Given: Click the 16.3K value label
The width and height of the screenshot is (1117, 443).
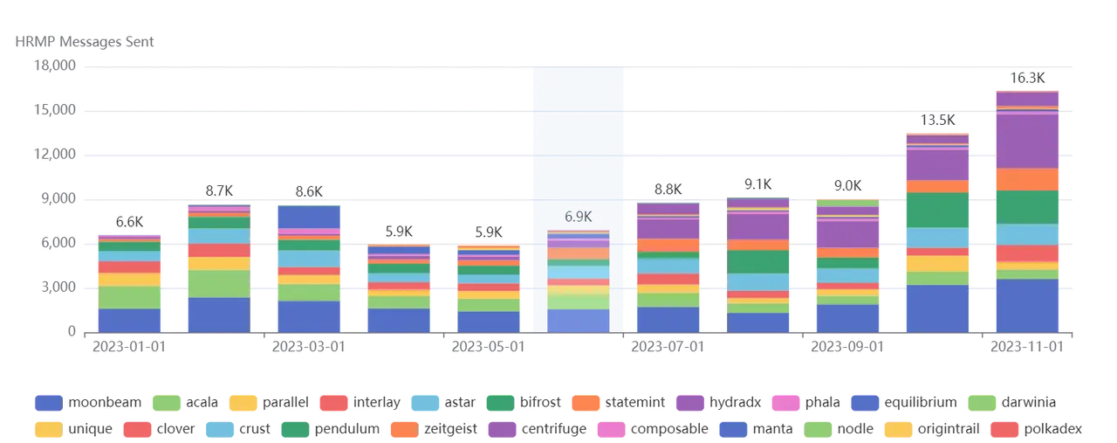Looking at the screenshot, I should (1026, 78).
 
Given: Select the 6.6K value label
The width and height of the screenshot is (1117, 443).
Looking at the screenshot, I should (129, 221).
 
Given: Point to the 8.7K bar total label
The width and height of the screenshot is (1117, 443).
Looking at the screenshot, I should (219, 190).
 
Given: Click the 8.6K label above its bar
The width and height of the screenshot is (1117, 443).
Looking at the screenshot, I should (308, 190).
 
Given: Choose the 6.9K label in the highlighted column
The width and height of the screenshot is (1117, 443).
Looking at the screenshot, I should (578, 216).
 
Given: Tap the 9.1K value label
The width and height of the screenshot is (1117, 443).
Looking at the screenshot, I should (757, 183).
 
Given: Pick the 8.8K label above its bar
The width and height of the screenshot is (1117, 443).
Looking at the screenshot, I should (668, 189).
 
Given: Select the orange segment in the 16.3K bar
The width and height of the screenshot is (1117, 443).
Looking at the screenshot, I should (1026, 179).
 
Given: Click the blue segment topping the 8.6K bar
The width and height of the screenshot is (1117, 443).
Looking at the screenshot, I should (308, 216).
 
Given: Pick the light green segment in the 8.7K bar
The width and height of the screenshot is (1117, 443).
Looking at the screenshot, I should (219, 283).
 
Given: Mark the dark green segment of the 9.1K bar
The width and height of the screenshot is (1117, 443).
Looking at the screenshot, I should (757, 262).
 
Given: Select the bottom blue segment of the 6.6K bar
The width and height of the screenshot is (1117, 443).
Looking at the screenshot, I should (129, 320).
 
